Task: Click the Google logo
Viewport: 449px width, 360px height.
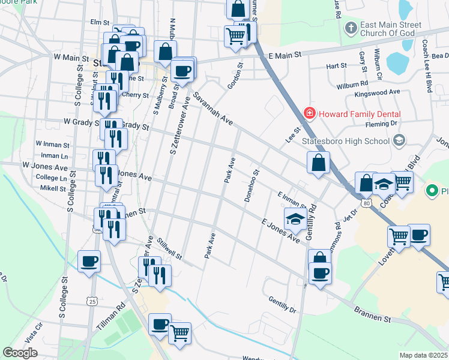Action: (20, 352)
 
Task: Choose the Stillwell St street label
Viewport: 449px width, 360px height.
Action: (170, 249)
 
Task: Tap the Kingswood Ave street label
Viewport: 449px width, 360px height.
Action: (377, 92)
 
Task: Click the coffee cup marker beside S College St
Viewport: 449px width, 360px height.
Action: (89, 262)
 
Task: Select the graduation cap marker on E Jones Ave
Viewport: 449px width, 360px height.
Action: (294, 220)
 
